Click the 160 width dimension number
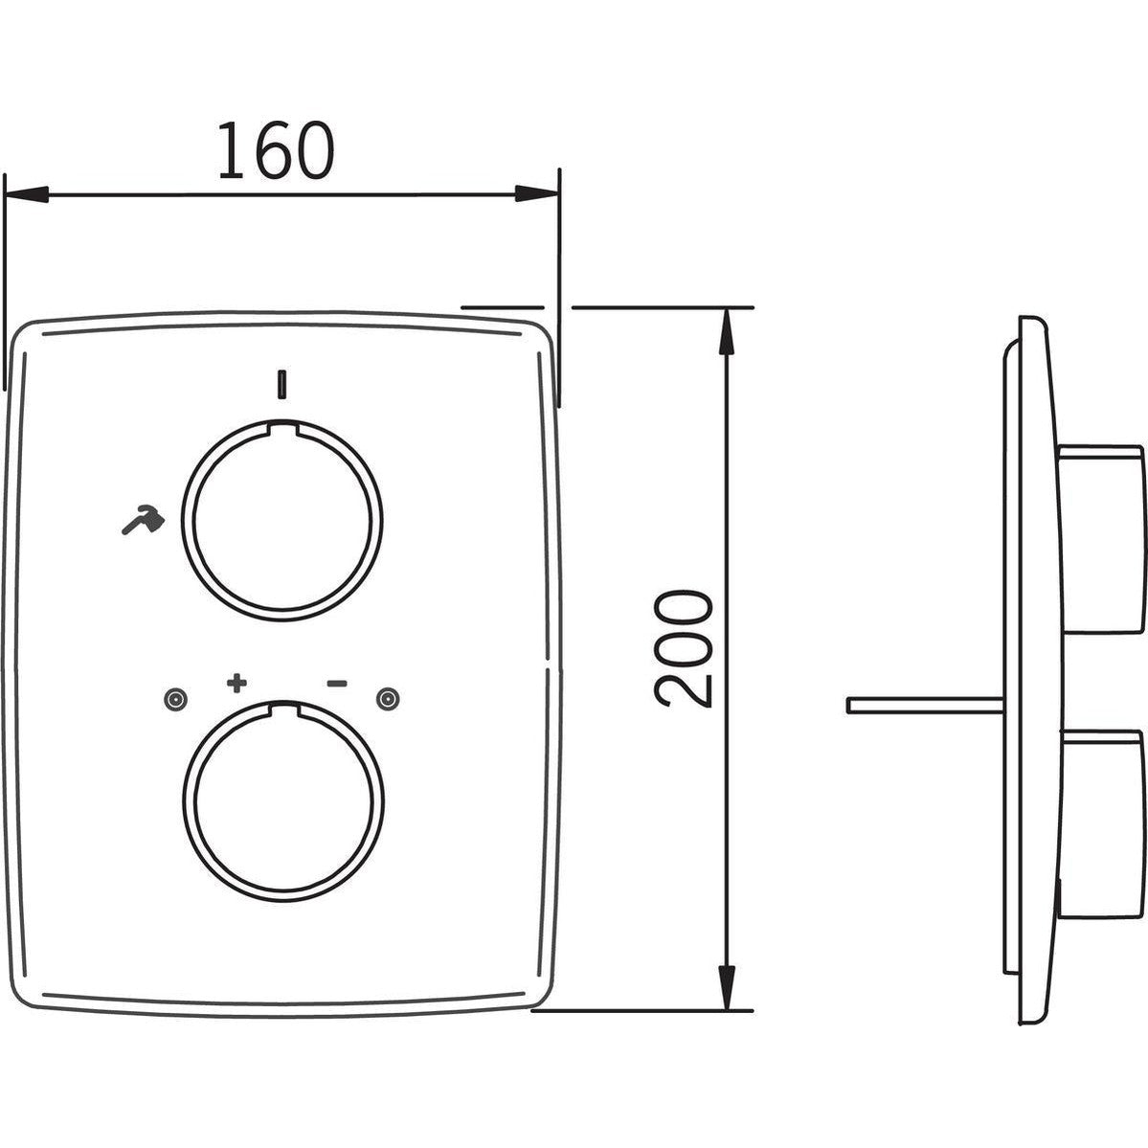[x=276, y=151]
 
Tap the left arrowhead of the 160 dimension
[x=27, y=194]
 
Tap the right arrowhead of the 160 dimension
[x=537, y=194]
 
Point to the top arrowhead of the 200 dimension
[x=727, y=331]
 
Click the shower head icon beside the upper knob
[x=144, y=520]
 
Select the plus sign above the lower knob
[x=236, y=683]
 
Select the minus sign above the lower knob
[x=337, y=684]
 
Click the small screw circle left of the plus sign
[x=176, y=700]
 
